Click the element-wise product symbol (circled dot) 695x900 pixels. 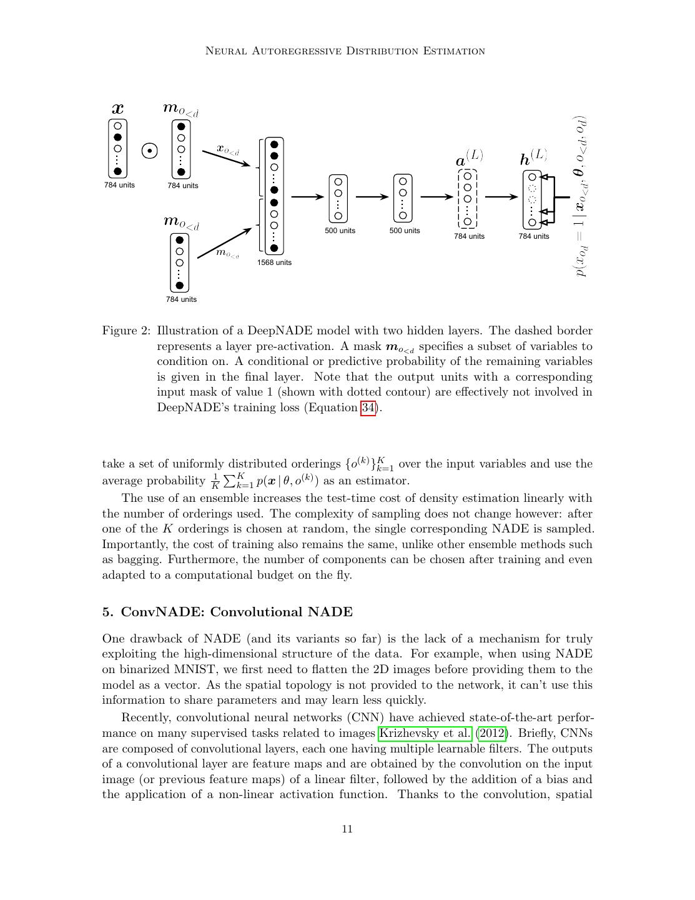(149, 151)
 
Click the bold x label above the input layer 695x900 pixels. (117, 108)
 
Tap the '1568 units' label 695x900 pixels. (274, 262)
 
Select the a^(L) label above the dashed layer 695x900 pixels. (469, 159)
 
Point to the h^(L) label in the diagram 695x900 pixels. (533, 157)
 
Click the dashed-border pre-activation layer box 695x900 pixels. (468, 198)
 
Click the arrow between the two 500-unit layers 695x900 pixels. (372, 197)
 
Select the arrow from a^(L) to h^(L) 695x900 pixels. (501, 197)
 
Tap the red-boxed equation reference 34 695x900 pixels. (368, 408)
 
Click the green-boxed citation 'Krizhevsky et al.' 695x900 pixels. (425, 733)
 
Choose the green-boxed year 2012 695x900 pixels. (493, 733)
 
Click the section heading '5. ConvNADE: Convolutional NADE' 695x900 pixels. (227, 612)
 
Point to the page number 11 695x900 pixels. (347, 829)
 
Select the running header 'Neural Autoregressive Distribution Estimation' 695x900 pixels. (345, 51)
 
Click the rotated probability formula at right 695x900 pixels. (580, 196)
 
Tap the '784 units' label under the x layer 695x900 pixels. (119, 185)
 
